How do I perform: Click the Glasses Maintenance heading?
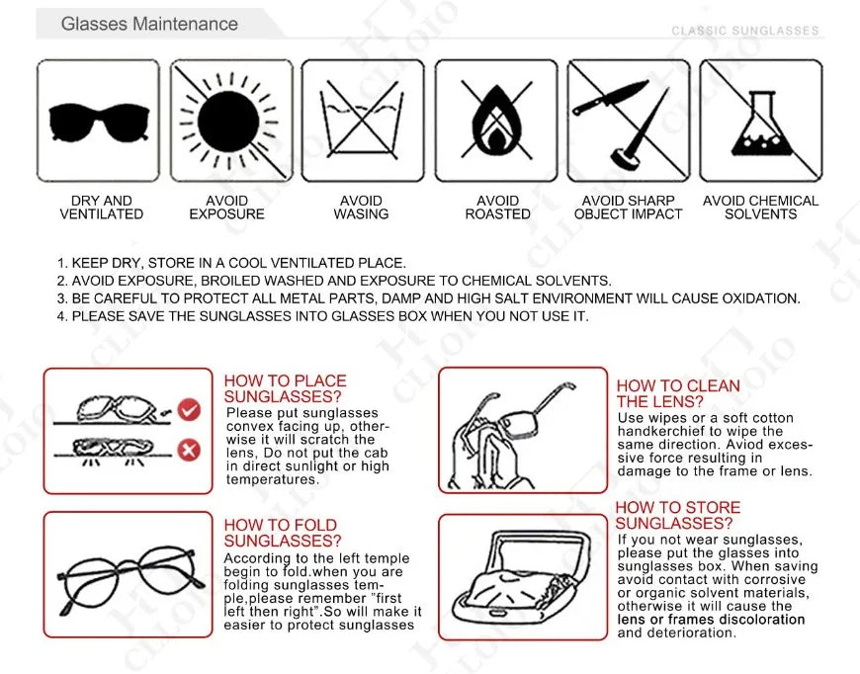pyautogui.click(x=149, y=23)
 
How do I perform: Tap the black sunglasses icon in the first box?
pyautogui.click(x=99, y=121)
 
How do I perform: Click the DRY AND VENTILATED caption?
pyautogui.click(x=101, y=208)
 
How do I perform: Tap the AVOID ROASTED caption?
pyautogui.click(x=497, y=208)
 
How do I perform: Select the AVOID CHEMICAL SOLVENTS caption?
pyautogui.click(x=760, y=208)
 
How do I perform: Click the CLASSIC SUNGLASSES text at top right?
pyautogui.click(x=745, y=31)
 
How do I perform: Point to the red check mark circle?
pyautogui.click(x=188, y=407)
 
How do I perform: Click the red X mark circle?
pyautogui.click(x=188, y=451)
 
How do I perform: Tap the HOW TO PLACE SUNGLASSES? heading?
pyautogui.click(x=285, y=388)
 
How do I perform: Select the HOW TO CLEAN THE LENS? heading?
pyautogui.click(x=677, y=393)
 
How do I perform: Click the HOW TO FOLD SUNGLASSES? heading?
pyautogui.click(x=282, y=533)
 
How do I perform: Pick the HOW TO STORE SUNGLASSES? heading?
pyautogui.click(x=677, y=515)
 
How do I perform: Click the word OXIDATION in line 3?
pyautogui.click(x=760, y=298)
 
